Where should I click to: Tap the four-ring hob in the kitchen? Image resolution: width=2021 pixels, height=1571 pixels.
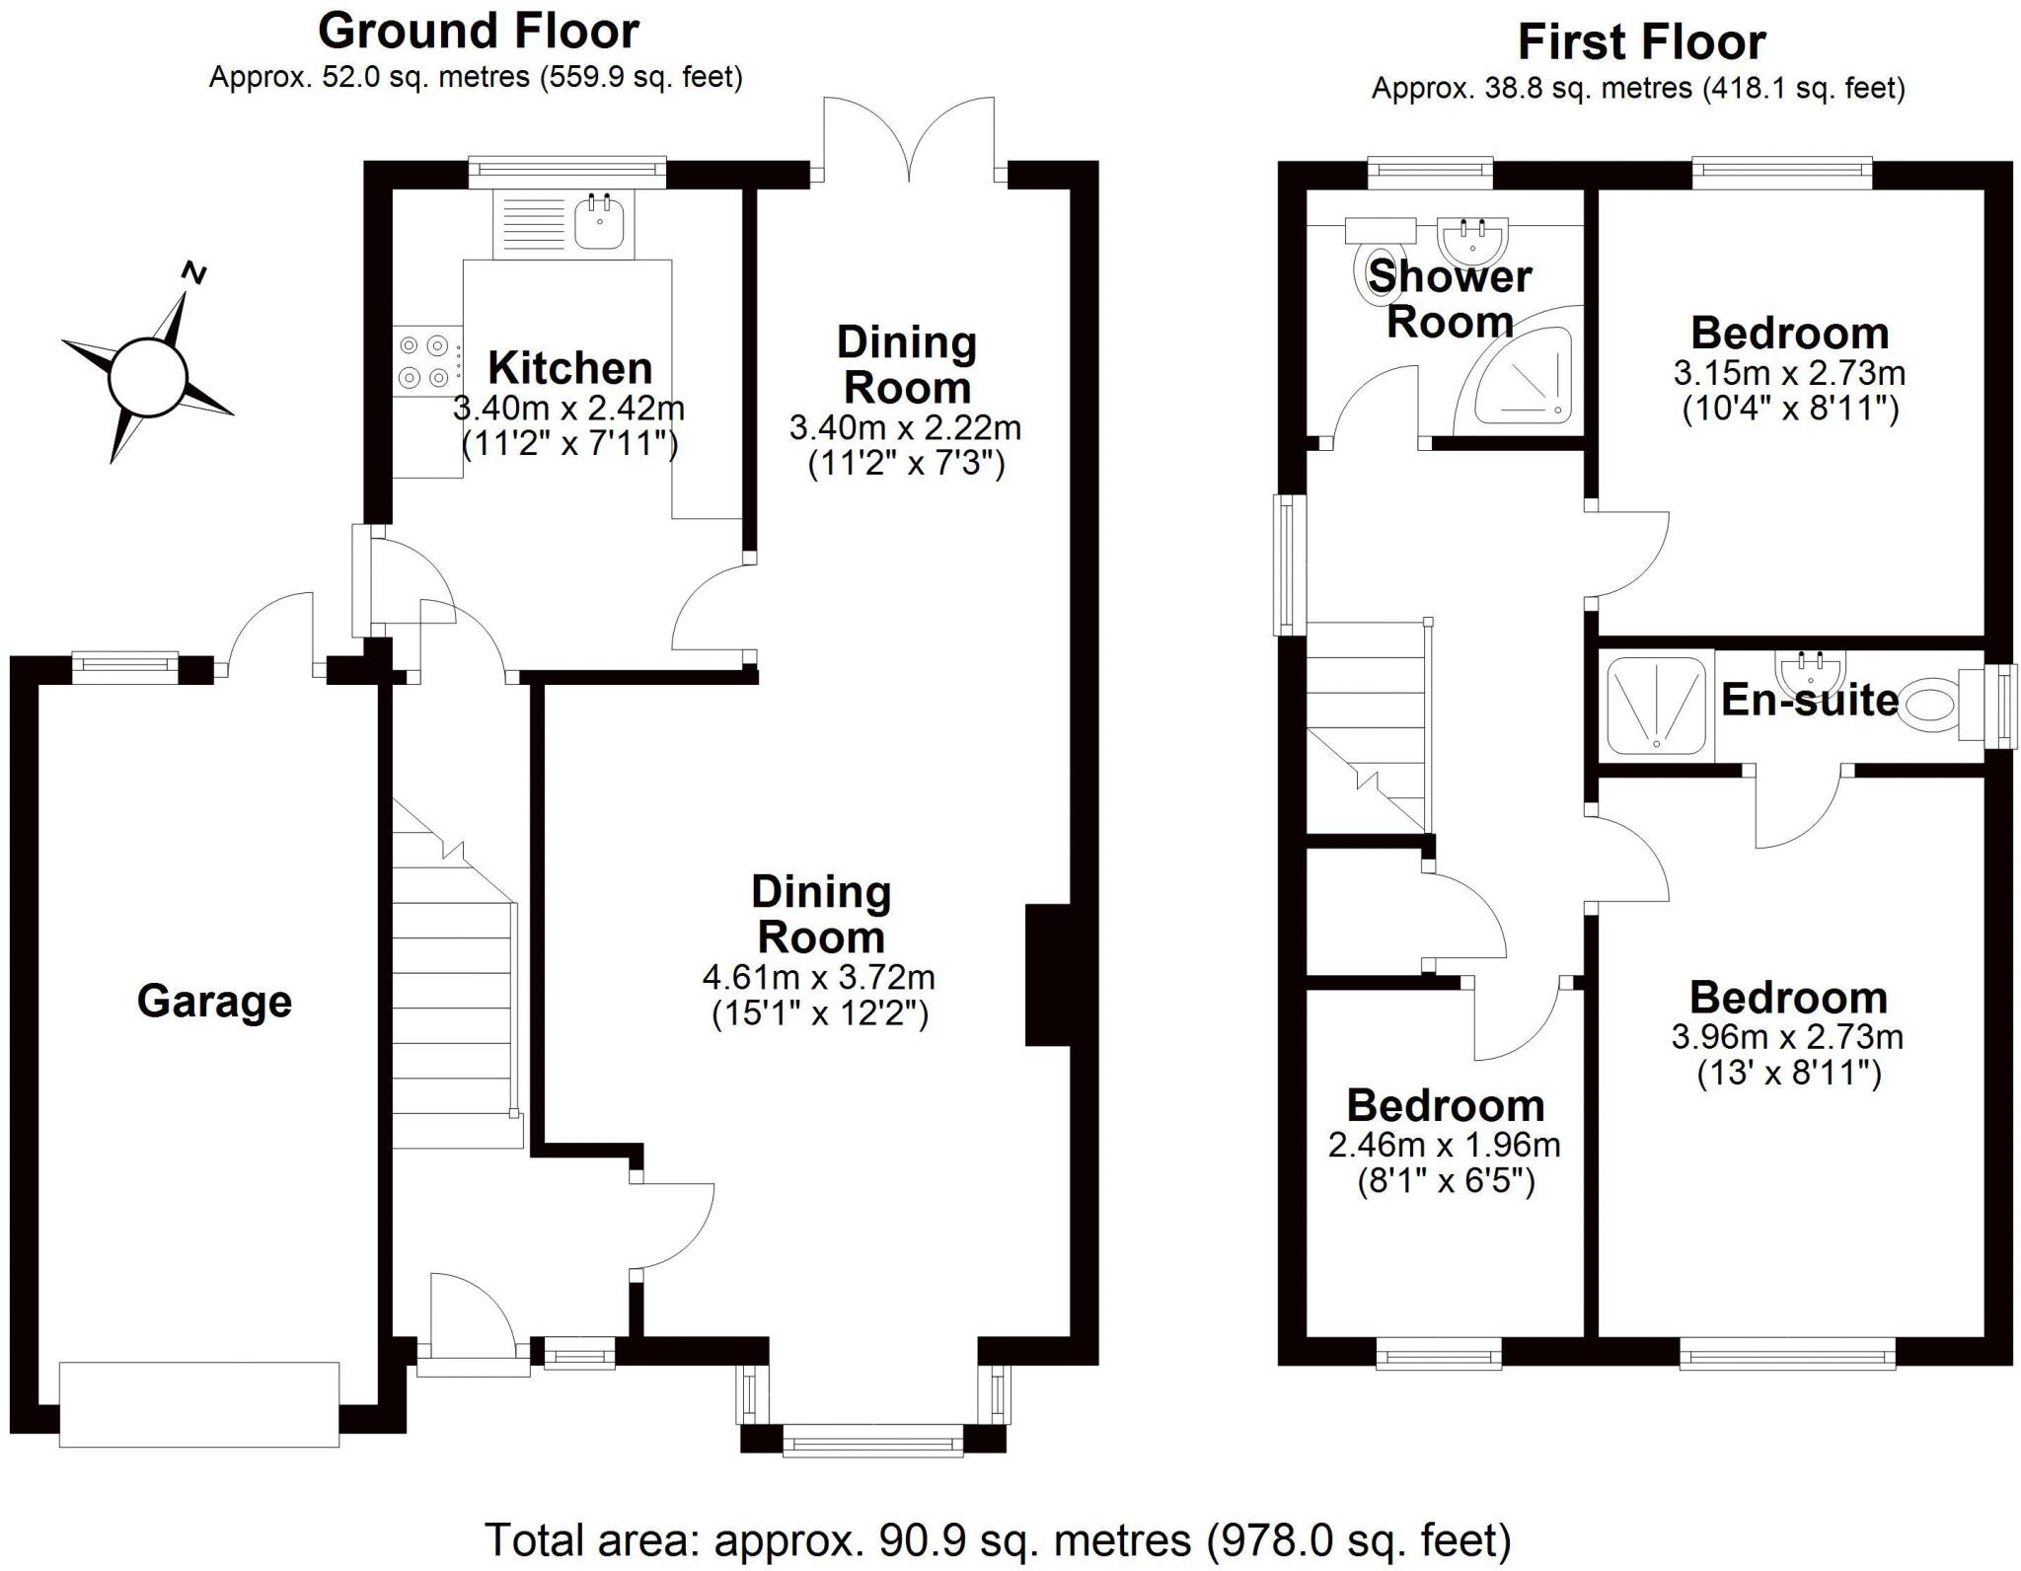(426, 361)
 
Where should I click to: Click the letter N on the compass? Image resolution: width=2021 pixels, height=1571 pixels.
(195, 272)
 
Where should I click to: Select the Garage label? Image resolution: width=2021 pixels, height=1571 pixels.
(214, 1001)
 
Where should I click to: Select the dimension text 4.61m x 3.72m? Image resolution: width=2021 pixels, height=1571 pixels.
(818, 978)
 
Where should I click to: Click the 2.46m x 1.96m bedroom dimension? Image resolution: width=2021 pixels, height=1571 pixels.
(1444, 1146)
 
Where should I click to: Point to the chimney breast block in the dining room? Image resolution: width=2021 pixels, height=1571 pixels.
(1047, 974)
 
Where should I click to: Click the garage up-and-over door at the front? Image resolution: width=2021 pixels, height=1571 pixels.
(198, 1404)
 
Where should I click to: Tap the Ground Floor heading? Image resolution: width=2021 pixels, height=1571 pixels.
(478, 32)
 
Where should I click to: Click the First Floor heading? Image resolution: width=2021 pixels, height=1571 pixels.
(1640, 42)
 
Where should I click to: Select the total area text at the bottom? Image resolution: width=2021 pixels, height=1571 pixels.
(997, 1539)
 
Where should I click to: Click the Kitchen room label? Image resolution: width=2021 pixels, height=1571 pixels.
(569, 368)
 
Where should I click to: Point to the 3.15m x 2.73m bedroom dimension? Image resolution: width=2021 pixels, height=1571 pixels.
(1788, 374)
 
